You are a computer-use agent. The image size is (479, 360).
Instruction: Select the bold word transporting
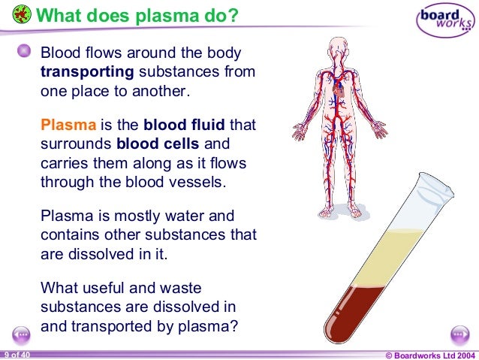pyautogui.click(x=87, y=73)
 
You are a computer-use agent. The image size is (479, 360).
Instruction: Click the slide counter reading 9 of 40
pyautogui.click(x=16, y=354)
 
